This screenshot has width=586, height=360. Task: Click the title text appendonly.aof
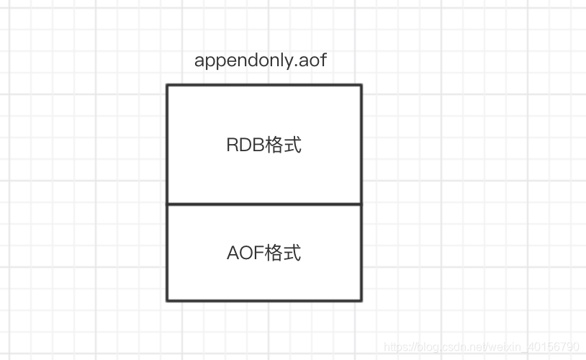261,60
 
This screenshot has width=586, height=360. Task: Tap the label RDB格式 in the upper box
263,145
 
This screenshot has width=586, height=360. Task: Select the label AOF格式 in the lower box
263,253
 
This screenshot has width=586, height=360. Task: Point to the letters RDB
245,145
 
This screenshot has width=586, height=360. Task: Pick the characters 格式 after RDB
283,145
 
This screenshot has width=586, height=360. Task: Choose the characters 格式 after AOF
283,253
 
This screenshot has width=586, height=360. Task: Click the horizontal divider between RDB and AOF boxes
263,204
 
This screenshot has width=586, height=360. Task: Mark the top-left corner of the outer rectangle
167,85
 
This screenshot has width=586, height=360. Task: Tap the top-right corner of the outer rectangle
361,85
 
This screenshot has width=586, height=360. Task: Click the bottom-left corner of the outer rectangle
167,300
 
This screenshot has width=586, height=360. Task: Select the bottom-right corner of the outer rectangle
361,300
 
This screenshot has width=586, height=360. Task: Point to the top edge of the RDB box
263,85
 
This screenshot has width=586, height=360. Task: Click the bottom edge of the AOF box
263,300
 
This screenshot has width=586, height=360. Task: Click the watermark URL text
482,347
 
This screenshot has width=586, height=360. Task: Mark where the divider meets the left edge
167,204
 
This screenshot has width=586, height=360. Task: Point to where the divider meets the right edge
361,204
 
